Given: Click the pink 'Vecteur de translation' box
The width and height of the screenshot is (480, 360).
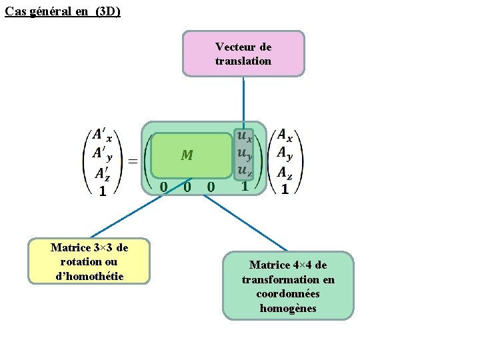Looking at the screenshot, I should [243, 53].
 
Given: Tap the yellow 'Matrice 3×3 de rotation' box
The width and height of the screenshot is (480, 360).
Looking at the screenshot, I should [90, 261].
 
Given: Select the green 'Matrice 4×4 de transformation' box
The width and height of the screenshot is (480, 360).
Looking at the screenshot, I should [288, 285].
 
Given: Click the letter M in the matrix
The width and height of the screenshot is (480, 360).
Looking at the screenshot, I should [187, 155].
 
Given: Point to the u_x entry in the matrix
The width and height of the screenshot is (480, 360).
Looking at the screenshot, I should [245, 137].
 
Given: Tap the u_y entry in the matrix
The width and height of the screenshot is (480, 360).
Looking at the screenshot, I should [245, 154].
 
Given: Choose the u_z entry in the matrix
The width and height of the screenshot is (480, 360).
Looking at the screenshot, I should [245, 171].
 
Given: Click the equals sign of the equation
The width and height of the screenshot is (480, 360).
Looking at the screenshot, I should [133, 161].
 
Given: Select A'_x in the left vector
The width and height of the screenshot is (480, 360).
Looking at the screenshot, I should [102, 136].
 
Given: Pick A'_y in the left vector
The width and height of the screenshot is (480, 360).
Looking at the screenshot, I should [102, 155].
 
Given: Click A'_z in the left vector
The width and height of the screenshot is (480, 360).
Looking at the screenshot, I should [102, 174].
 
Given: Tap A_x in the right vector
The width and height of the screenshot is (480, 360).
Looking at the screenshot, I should [285, 136].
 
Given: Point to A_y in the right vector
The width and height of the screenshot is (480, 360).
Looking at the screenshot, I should [285, 154].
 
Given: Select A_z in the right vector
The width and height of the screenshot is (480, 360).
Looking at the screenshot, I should [285, 173].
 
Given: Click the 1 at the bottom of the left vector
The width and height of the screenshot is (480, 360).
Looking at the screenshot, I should [102, 191].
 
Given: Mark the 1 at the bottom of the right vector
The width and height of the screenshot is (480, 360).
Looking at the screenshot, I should [285, 189].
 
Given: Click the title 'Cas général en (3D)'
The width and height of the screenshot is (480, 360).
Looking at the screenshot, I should [63, 11].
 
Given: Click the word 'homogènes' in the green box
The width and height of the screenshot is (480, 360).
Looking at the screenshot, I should [288, 308].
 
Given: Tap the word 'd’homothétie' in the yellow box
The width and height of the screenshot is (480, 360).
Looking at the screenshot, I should [90, 275].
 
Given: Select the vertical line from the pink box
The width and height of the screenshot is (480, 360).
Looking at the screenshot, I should [243, 100].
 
